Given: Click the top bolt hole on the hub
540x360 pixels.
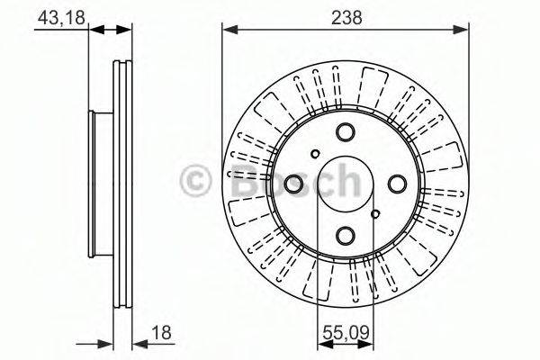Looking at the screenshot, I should click(x=346, y=133).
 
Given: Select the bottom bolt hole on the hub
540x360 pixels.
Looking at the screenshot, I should click(x=346, y=235).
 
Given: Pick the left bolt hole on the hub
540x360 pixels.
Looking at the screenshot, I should click(x=294, y=184).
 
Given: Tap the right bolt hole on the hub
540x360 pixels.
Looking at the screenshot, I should click(x=397, y=184).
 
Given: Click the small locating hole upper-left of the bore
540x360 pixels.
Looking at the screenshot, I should click(x=314, y=154).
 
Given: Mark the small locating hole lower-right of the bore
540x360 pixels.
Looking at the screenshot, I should click(x=377, y=214).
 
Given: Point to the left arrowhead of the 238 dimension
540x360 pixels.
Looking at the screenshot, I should click(x=229, y=30).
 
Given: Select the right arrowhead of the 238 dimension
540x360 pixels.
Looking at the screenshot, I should click(x=463, y=30).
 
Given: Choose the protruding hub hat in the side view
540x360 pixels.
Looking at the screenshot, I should click(x=98, y=184).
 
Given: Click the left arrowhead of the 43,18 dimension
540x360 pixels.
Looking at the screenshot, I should click(x=95, y=30).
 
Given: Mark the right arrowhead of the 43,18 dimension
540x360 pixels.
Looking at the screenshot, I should click(x=127, y=30).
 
